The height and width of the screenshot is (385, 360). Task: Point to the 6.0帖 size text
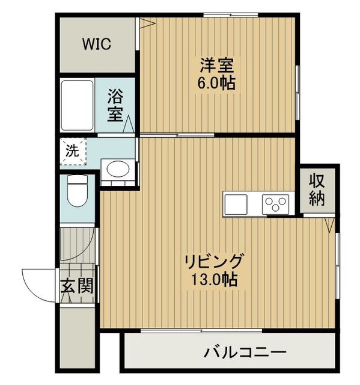click(216, 82)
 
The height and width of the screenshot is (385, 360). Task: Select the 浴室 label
click(116, 104)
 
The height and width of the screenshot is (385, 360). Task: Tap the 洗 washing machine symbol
click(72, 152)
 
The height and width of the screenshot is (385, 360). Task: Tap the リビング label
click(215, 262)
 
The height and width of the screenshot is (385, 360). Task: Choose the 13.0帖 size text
click(215, 279)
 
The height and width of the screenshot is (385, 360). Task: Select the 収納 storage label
click(317, 189)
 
